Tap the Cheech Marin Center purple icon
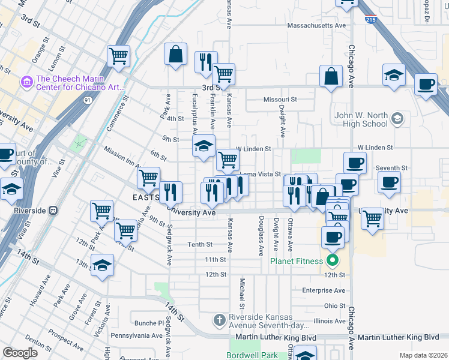click(x=27, y=81)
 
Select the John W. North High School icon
click(x=396, y=119)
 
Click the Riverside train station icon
click(x=53, y=211)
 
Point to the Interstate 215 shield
click(x=371, y=20)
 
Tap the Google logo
click(x=20, y=353)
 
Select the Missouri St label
click(x=280, y=100)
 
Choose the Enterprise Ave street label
click(x=324, y=290)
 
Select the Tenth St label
click(x=200, y=244)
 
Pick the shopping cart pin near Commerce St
click(x=119, y=56)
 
